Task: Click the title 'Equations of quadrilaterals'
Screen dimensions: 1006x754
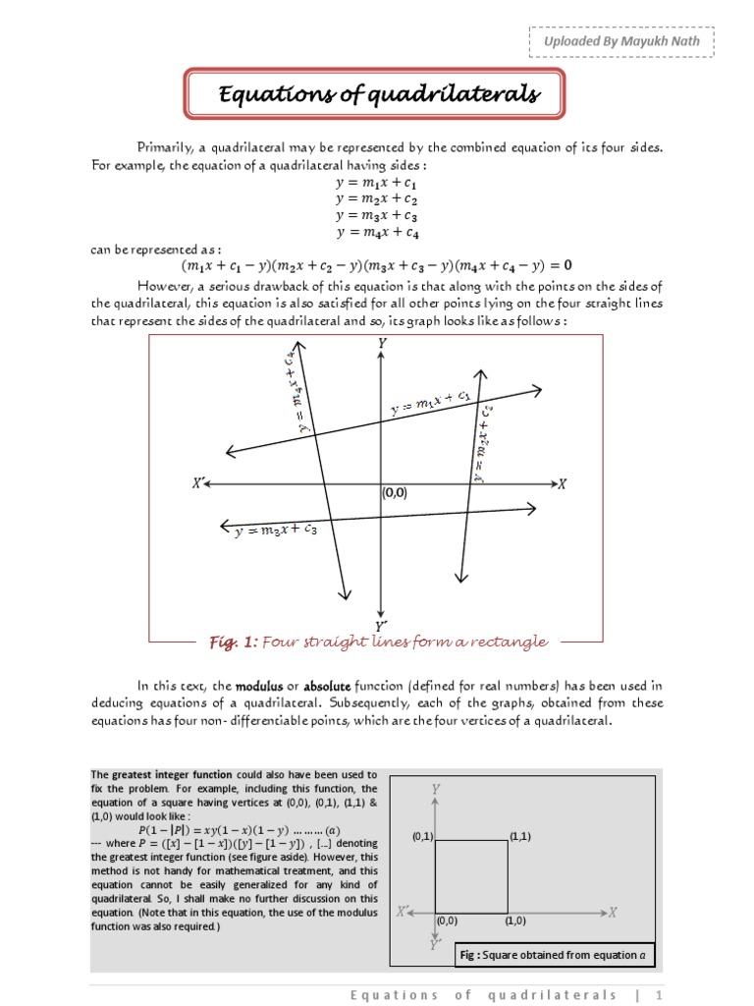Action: pos(378,94)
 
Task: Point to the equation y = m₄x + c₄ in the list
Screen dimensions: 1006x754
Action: pos(377,233)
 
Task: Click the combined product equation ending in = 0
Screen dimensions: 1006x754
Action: pos(377,266)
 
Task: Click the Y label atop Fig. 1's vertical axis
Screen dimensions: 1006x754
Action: pos(381,343)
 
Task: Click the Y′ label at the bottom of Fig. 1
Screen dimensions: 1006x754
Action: pos(381,625)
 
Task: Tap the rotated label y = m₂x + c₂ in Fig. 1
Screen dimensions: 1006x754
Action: pos(483,443)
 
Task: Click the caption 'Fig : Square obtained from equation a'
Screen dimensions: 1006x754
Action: pos(554,955)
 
